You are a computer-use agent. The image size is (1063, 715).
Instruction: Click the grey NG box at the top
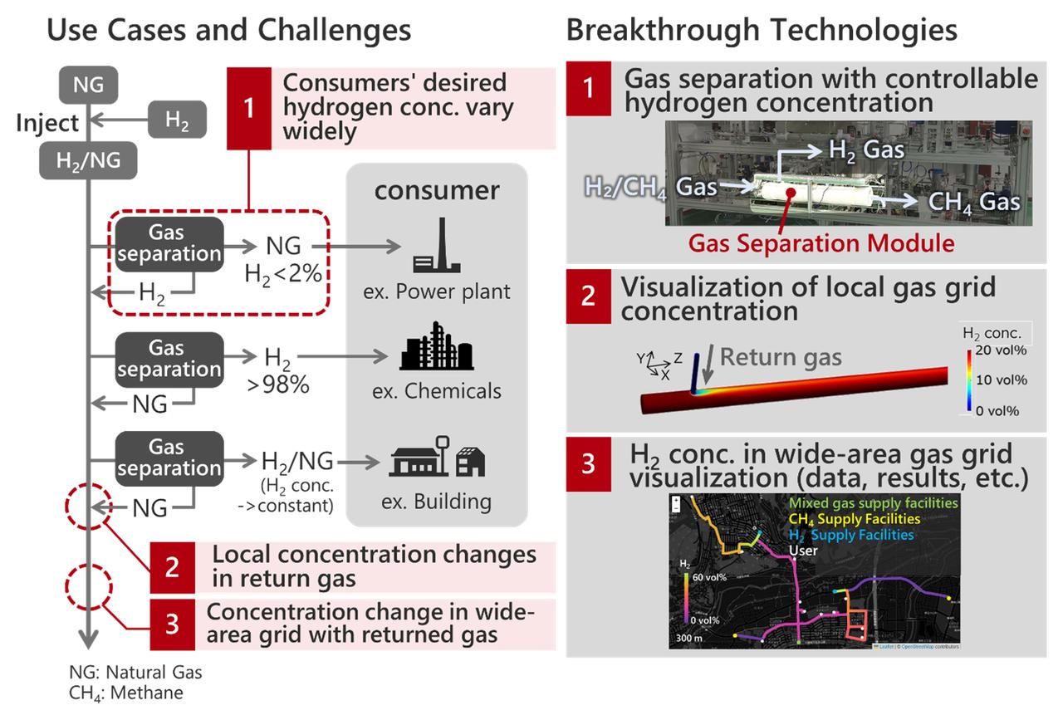coord(89,84)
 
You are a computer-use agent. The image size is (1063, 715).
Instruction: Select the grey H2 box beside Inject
coord(177,120)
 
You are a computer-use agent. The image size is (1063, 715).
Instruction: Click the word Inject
coord(47,123)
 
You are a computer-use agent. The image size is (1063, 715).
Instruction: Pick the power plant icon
coord(436,248)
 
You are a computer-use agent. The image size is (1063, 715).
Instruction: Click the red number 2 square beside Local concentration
coord(172,566)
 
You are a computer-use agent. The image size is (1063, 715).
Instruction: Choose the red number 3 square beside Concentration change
coord(172,624)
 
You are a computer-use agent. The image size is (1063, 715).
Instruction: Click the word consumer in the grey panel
coord(437,190)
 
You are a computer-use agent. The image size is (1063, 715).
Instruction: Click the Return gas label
coord(781,358)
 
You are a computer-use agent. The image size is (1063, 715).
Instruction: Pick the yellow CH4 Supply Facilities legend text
coord(854,519)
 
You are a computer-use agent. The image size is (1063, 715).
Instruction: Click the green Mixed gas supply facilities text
coord(873,503)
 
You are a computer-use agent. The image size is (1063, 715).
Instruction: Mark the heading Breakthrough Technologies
coord(761,31)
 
